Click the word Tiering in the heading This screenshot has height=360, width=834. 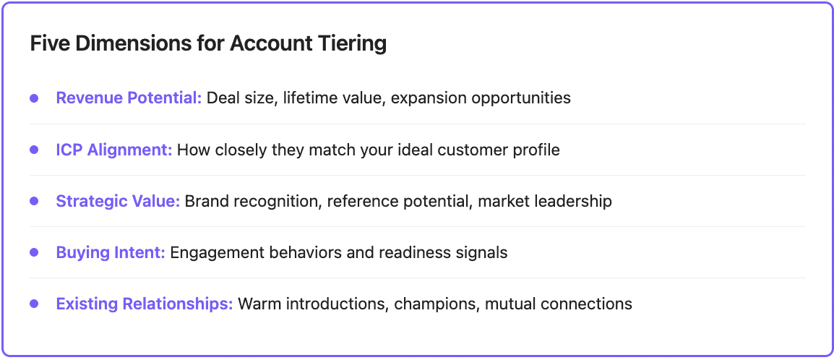coord(352,44)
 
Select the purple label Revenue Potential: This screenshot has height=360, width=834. coord(129,98)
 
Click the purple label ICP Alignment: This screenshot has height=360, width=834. coord(114,150)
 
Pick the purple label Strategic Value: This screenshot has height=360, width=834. coord(118,201)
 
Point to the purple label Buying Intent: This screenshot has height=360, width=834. coord(111,252)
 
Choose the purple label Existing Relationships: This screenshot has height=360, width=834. coord(145,304)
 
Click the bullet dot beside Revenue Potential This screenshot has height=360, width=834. coord(34,98)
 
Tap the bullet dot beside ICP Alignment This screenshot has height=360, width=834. coord(34,150)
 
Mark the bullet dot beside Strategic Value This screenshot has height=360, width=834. coord(34,201)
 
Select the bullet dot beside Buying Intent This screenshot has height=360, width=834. coord(34,252)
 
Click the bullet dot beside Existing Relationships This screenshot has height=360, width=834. coord(34,304)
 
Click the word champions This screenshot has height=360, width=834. coord(437,304)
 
